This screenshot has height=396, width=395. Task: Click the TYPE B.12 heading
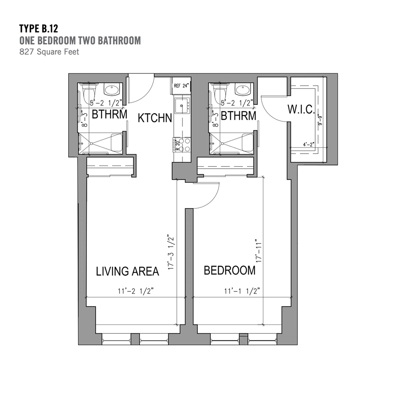point(39,28)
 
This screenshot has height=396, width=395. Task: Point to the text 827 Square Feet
point(49,52)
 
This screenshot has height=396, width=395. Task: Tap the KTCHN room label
point(155,118)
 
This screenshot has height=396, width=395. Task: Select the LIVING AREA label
point(128,271)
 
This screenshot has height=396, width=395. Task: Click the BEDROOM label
point(230,270)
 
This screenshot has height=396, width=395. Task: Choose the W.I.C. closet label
point(301,110)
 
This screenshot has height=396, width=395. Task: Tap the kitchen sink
point(182,105)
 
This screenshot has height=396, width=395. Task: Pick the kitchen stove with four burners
point(181,145)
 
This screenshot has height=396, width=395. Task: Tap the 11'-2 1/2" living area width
point(136,291)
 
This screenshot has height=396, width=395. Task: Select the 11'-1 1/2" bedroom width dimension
point(242,291)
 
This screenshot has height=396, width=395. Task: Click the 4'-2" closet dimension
point(309,145)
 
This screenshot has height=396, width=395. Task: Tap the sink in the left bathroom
point(112,89)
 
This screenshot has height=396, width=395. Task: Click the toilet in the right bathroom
point(220,92)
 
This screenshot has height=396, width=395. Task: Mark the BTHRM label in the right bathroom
point(239,116)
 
